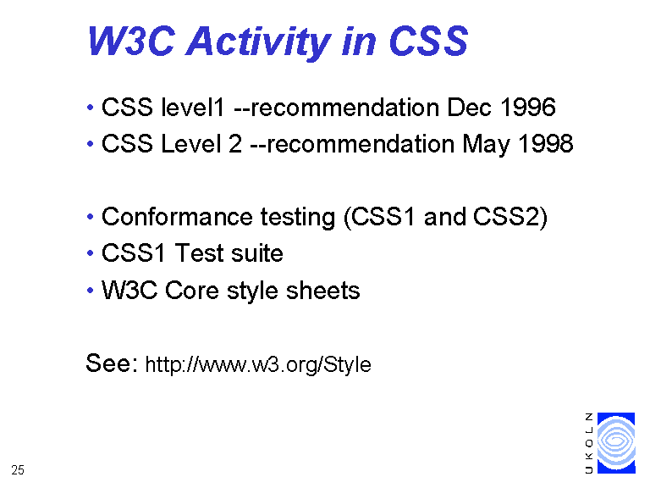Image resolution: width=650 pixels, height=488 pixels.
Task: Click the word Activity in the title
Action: pyautogui.click(x=258, y=42)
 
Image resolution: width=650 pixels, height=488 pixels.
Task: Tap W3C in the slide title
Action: pyautogui.click(x=131, y=41)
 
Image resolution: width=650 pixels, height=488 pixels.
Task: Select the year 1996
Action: pyautogui.click(x=528, y=107)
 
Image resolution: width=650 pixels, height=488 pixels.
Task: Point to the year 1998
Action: pyautogui.click(x=546, y=143)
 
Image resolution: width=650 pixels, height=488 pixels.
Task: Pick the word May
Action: pyautogui.click(x=487, y=145)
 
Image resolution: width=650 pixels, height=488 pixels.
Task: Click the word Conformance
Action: pyautogui.click(x=177, y=217)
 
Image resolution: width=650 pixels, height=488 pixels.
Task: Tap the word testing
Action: pyautogui.click(x=298, y=218)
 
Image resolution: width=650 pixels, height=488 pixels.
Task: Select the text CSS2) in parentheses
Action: pyautogui.click(x=510, y=217)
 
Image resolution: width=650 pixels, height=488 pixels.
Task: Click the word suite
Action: pyautogui.click(x=257, y=253)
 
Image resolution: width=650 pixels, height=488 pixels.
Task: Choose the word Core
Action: pyautogui.click(x=191, y=290)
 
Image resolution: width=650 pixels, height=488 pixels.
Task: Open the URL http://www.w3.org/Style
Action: pyautogui.click(x=258, y=365)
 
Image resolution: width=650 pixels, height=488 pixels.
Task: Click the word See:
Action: pyautogui.click(x=112, y=363)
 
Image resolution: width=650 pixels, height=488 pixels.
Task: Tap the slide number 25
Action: pyautogui.click(x=18, y=470)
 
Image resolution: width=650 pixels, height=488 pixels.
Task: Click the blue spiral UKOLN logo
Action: pyautogui.click(x=616, y=443)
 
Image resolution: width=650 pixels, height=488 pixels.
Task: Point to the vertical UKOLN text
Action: pyautogui.click(x=589, y=443)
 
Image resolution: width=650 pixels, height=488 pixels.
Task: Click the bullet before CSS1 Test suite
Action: pyautogui.click(x=91, y=252)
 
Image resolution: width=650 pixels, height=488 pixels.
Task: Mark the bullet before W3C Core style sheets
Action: pyautogui.click(x=91, y=290)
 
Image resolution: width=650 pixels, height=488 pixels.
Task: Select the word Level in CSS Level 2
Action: pyautogui.click(x=190, y=143)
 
